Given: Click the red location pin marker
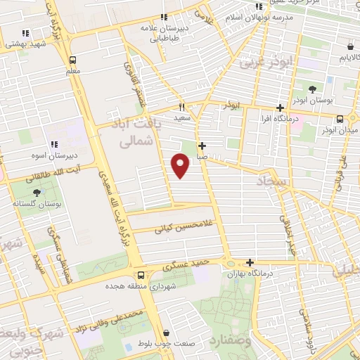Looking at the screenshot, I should click(181, 165).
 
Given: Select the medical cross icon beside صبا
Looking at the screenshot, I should click(202, 146).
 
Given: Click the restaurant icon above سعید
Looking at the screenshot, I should click(181, 108).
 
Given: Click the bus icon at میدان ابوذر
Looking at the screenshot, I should click(340, 119).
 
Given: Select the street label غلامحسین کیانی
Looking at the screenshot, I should click(163, 228).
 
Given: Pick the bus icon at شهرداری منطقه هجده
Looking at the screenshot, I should click(141, 275).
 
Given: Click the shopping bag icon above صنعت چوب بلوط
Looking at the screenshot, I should click(167, 333).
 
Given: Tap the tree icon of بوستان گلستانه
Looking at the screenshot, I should click(35, 191).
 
